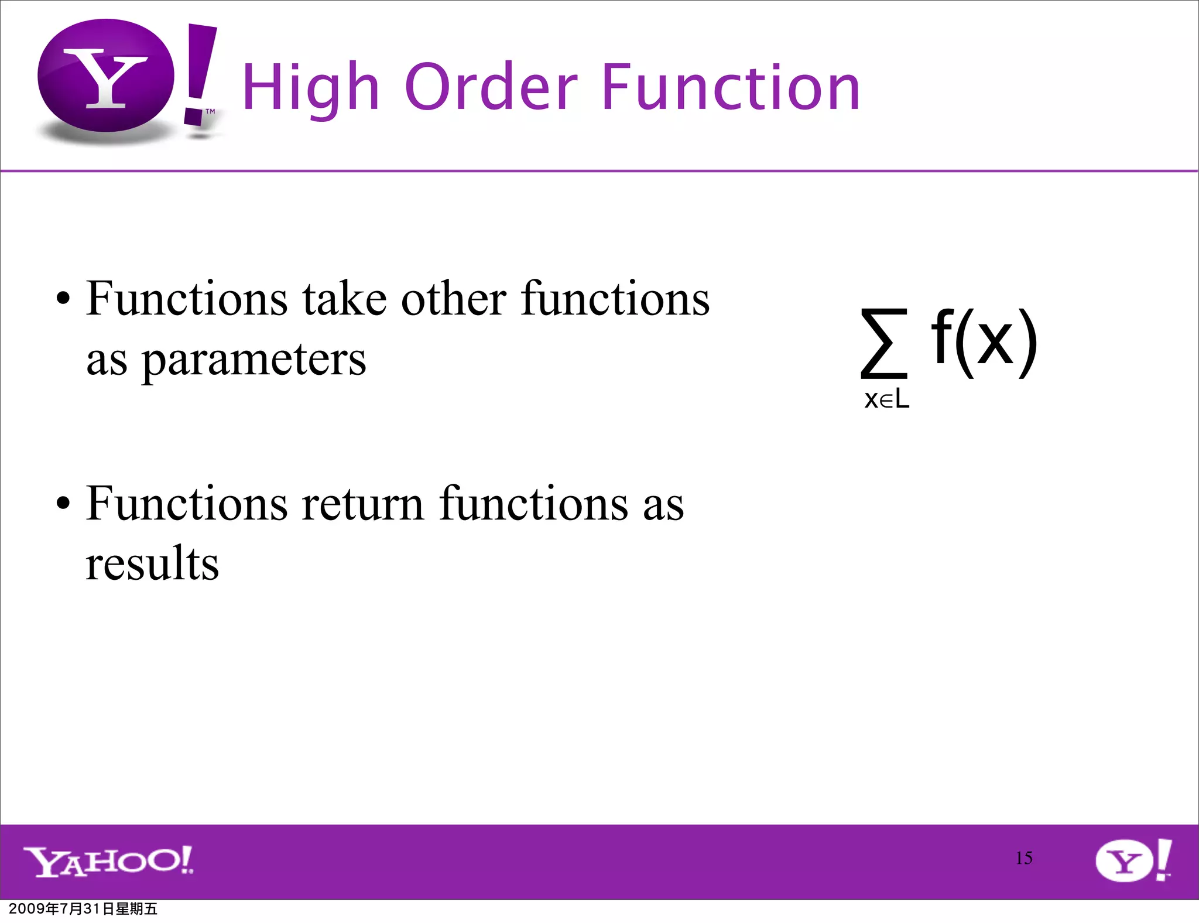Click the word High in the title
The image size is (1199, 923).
point(311,88)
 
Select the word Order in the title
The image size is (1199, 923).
point(491,88)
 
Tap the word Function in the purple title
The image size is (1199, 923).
point(731,88)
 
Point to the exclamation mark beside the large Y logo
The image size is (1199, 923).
point(199,73)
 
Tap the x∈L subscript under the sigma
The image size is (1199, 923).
point(886,399)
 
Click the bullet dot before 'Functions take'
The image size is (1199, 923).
point(63,300)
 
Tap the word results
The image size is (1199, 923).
point(152,563)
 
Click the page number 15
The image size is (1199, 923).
point(1024,858)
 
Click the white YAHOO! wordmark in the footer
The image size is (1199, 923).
point(108,861)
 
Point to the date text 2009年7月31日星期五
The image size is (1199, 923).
point(83,909)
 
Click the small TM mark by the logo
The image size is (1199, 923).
point(210,111)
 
